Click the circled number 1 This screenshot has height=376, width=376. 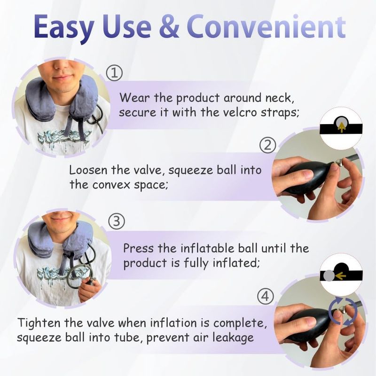coord(114,73)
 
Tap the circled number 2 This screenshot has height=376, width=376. coord(268,145)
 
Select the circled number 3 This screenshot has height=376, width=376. coord(117,221)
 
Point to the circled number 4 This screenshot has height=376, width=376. coord(266,297)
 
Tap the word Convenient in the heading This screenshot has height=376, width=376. coord(266,26)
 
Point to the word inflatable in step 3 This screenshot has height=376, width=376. coord(207,248)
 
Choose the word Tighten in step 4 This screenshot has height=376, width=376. coord(39,323)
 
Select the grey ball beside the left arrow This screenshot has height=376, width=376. coord(329,276)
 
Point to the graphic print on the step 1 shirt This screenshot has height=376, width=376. coord(65,138)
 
